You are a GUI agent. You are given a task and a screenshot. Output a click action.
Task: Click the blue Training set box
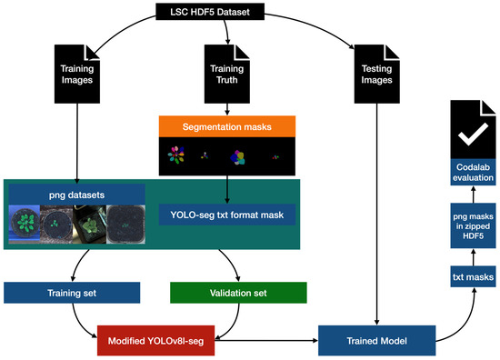[73, 292]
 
